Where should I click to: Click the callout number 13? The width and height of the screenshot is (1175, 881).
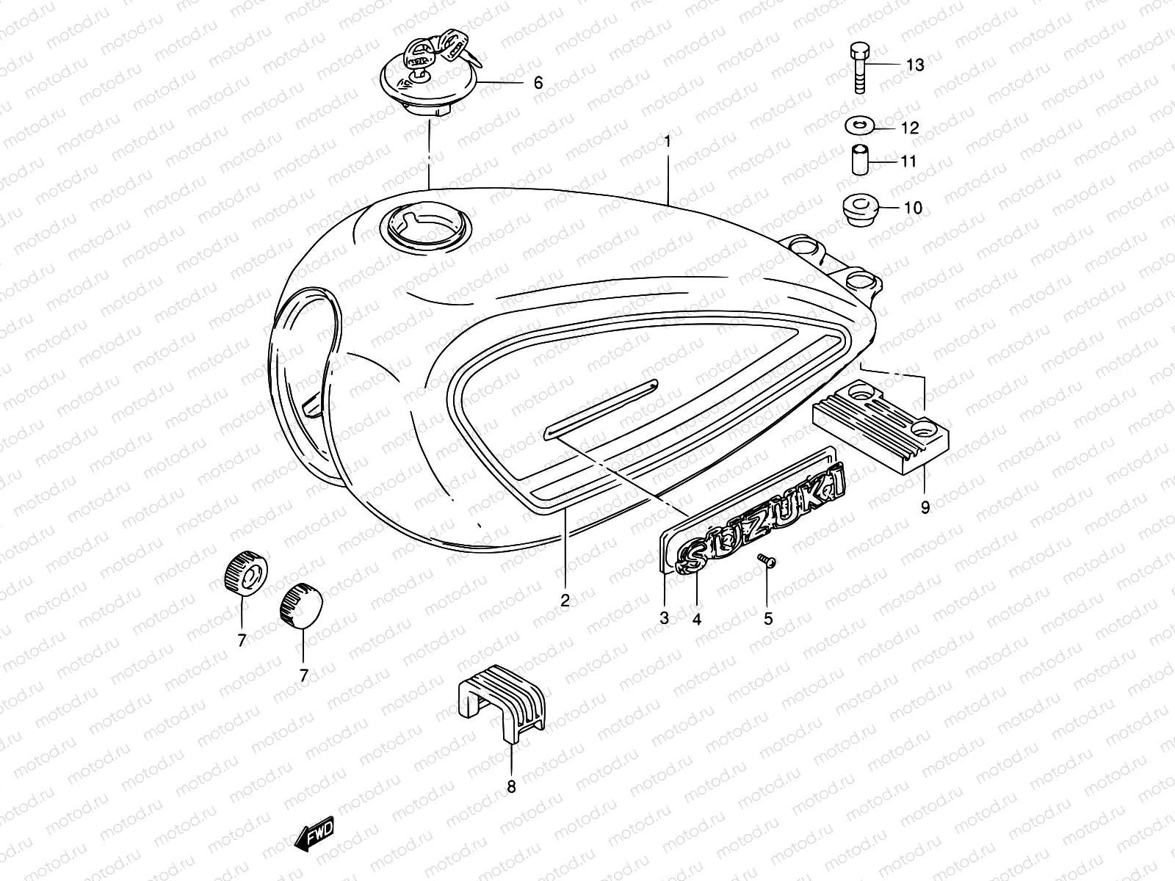point(914,65)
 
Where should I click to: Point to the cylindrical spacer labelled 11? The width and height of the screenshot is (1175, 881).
point(860,160)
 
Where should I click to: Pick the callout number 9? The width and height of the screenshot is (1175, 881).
point(925,507)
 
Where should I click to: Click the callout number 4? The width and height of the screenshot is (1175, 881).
point(696,619)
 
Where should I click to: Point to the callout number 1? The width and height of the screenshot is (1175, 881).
point(668,139)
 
